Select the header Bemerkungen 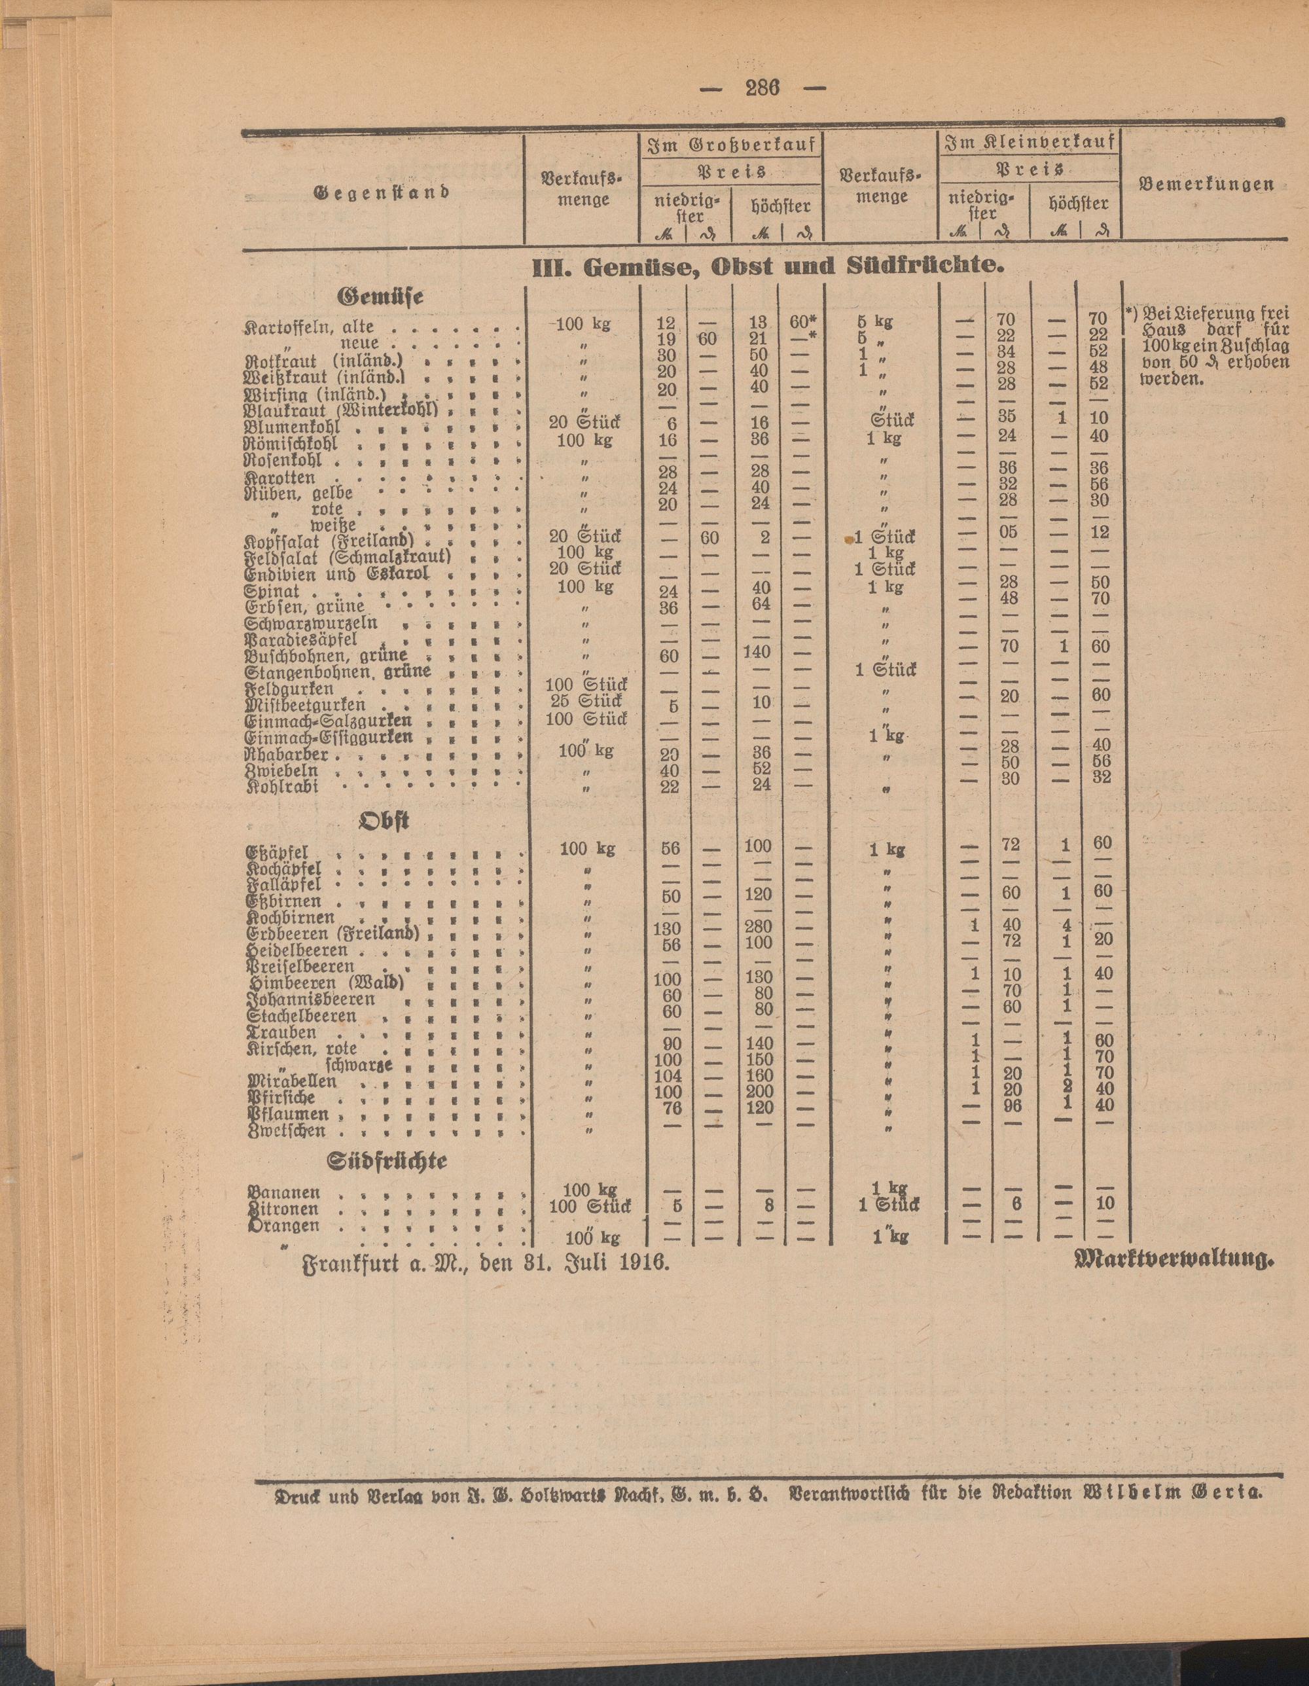pos(1206,185)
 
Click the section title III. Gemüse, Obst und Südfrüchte pos(770,266)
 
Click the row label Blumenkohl pos(293,427)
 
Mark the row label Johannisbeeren pos(311,999)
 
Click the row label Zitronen pos(283,1210)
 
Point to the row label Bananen pos(283,1193)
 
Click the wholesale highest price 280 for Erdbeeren pos(758,926)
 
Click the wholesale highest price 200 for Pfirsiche pos(758,1092)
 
